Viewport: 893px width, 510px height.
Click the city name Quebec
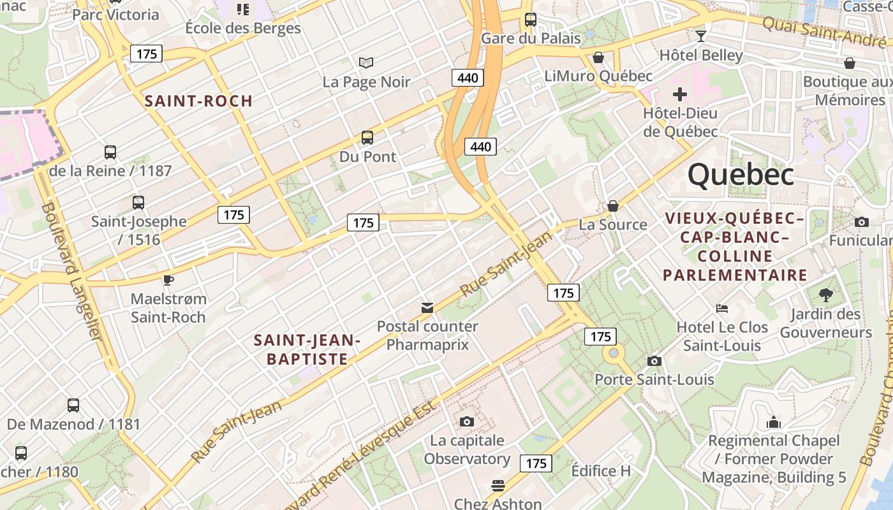coord(741,174)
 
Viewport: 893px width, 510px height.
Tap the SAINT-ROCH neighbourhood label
coord(198,101)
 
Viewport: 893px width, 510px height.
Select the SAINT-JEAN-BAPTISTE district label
coord(307,349)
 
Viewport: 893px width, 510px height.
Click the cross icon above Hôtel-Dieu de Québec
coord(680,94)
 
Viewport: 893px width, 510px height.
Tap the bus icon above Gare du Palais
coord(530,19)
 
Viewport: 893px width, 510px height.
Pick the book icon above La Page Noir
coord(365,62)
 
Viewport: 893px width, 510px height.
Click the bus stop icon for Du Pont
coord(367,137)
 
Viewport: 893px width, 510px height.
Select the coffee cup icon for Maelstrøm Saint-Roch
coord(168,279)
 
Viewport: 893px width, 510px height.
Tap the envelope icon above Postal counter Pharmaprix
coord(427,308)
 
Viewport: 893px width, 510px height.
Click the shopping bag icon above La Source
coord(612,205)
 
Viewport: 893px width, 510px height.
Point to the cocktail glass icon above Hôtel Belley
coord(701,36)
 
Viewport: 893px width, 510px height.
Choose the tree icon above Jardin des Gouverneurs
coord(825,295)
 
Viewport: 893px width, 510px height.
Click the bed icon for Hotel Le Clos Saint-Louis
coord(722,309)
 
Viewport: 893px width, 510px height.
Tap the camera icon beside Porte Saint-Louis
coord(654,361)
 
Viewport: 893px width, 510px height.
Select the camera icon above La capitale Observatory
coord(467,421)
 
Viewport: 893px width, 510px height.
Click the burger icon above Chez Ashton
coord(498,486)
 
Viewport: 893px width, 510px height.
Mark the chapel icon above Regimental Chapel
coord(773,422)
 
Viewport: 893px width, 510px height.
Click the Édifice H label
coord(600,471)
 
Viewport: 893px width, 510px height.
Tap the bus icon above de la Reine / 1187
coord(110,152)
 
